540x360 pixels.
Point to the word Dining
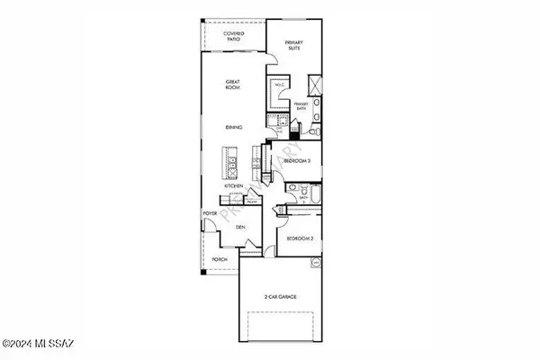tap(234, 128)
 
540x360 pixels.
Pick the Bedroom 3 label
tap(297, 162)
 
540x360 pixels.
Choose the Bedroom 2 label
tap(299, 238)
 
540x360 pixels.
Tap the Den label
tap(240, 228)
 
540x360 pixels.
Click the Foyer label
tap(211, 212)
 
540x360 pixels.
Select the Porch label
tap(219, 259)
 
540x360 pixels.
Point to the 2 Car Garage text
tap(281, 296)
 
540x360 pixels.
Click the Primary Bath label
tap(301, 107)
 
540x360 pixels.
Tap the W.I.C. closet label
tap(279, 85)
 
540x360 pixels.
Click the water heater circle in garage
tap(316, 263)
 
